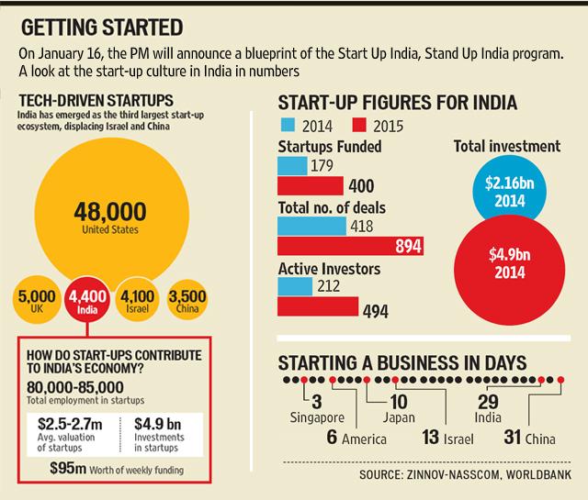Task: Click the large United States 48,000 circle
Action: [112, 215]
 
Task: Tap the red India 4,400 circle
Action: [87, 301]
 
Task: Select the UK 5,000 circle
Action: [37, 300]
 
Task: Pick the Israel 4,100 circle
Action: [137, 300]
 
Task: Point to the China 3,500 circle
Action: [187, 300]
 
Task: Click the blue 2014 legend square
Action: [288, 125]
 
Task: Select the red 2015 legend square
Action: [359, 125]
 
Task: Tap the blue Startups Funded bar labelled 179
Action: [292, 166]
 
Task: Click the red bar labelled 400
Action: [311, 185]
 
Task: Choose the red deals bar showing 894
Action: [351, 246]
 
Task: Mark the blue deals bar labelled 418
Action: [312, 227]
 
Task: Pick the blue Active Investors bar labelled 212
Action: [295, 286]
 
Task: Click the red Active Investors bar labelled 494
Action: [318, 306]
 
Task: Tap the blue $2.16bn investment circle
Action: [509, 191]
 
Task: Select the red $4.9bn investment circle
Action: [509, 270]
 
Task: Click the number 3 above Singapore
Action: [317, 402]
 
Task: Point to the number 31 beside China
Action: [513, 437]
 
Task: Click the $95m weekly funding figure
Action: [68, 468]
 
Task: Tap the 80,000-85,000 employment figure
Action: [75, 387]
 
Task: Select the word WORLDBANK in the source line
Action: [538, 474]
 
